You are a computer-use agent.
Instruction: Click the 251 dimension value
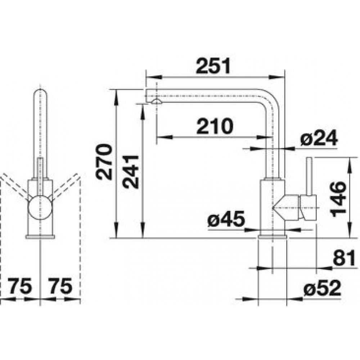(213, 66)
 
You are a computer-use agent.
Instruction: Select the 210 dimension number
(215, 126)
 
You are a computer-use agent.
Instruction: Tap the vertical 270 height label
(104, 162)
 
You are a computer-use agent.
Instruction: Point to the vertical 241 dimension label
(130, 172)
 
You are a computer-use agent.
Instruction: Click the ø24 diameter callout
(319, 138)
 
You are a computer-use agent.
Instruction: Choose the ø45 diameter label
(226, 219)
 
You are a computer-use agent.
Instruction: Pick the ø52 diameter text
(322, 288)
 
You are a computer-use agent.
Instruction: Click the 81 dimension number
(344, 258)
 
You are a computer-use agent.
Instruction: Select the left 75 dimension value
(20, 286)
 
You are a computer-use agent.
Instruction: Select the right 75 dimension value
(60, 286)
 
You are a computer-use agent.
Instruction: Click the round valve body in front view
(40, 207)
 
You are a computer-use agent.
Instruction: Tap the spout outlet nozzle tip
(156, 101)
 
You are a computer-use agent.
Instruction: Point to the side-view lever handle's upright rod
(309, 176)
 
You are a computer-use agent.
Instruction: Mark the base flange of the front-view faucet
(40, 237)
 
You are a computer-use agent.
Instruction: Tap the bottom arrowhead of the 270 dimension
(116, 230)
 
